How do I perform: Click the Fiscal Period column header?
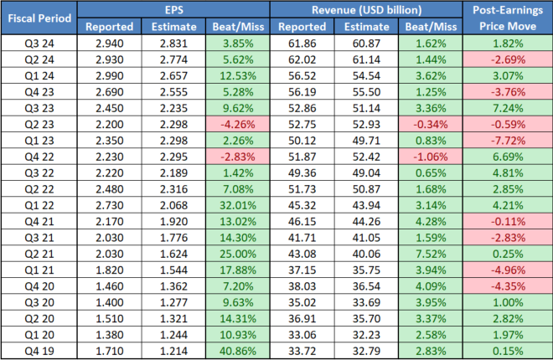(40, 18)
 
